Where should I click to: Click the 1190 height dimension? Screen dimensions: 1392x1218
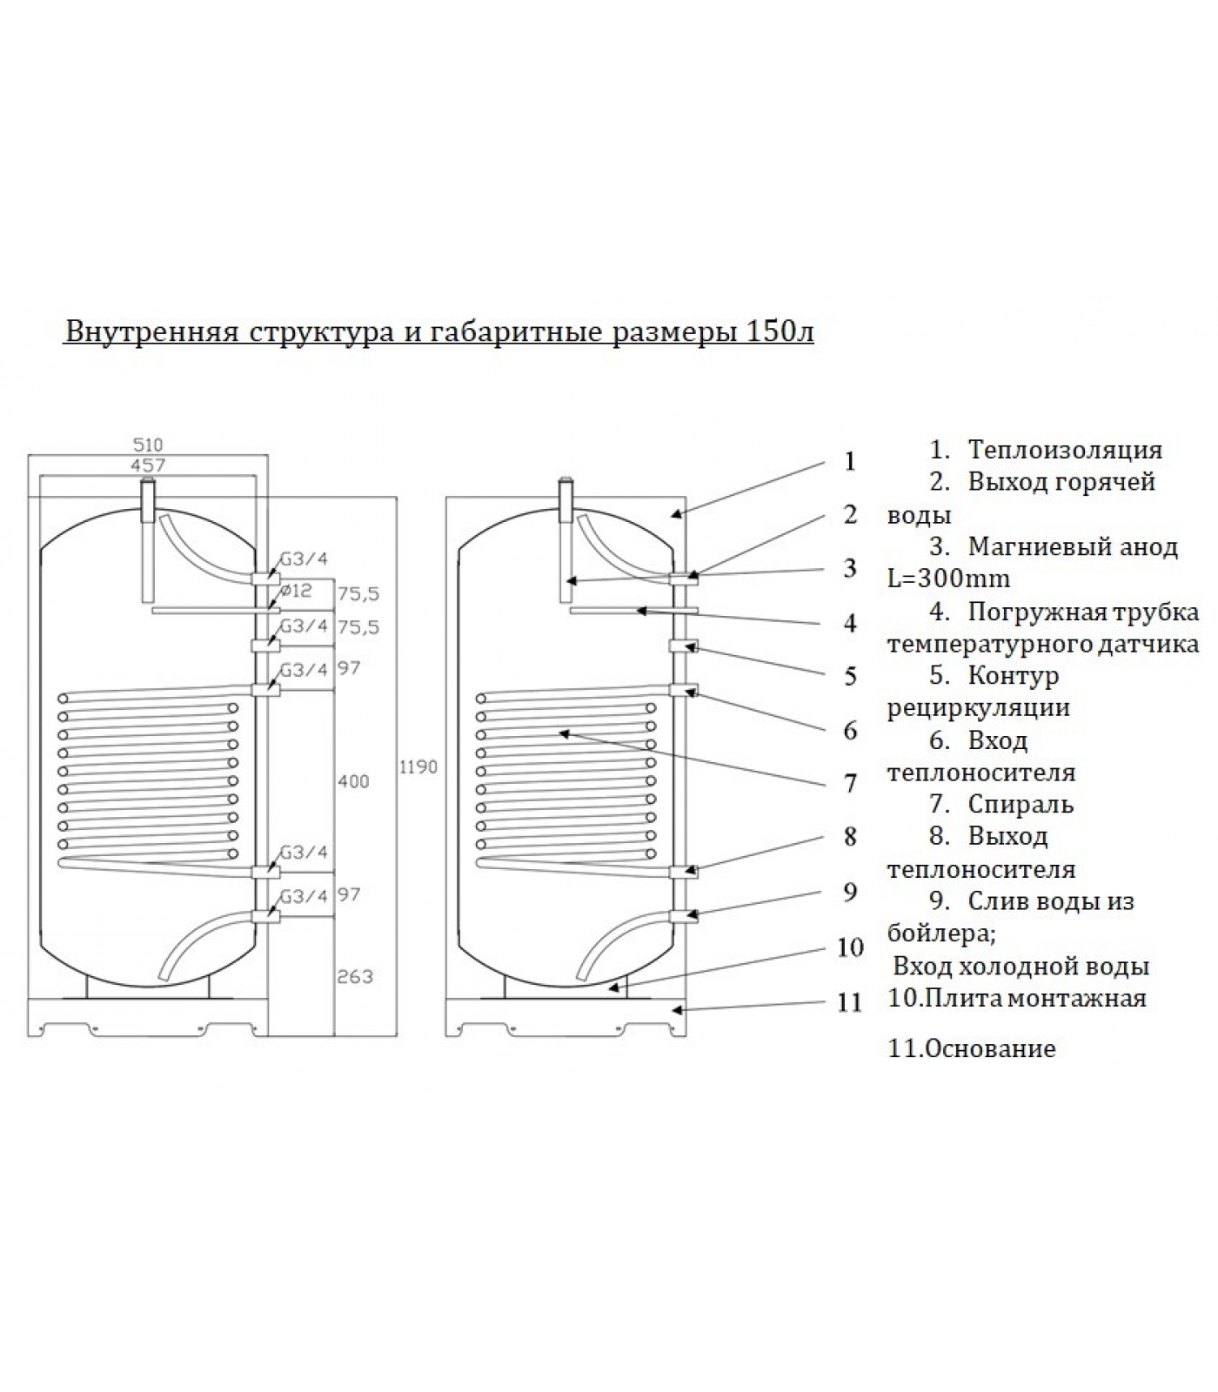point(418,767)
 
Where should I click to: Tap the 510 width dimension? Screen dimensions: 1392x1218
point(148,445)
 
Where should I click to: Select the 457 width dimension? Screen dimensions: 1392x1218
point(148,465)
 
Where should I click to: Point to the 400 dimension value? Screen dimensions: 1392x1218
point(353,781)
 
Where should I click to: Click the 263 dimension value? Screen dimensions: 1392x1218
point(355,976)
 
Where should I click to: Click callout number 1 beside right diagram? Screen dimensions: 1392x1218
point(850,461)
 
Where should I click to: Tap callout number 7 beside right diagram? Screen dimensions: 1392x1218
point(850,784)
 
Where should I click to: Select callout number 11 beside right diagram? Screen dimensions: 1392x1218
point(849,1001)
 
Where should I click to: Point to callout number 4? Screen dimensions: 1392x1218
point(850,623)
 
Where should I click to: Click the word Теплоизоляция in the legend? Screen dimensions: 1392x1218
point(1065,450)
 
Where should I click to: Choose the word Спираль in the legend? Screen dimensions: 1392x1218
point(1021,804)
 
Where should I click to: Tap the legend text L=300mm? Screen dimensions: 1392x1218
point(948,579)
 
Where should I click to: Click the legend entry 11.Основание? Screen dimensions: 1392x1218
point(972,1048)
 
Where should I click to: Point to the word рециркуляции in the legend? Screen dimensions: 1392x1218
point(978,707)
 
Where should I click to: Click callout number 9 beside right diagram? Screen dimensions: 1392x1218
point(850,892)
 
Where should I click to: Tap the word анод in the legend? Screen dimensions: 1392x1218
point(1146,546)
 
